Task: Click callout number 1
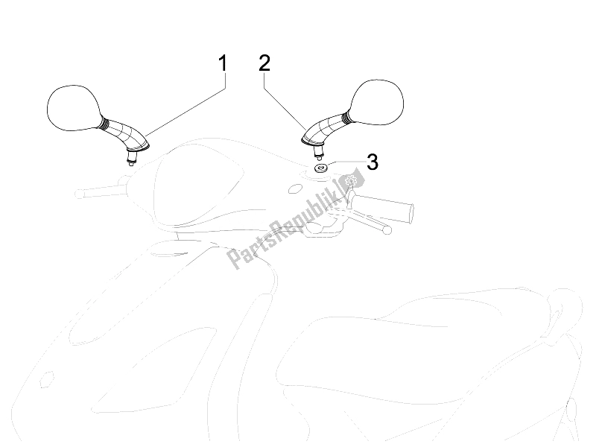223,63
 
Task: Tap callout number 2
264,63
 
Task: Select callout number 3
372,162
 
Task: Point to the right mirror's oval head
376,102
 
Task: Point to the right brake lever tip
387,230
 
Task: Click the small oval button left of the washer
294,189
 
